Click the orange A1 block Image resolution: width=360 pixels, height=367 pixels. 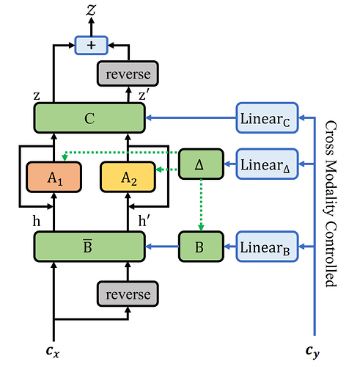[x=54, y=177]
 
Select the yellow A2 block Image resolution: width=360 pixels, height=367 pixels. [x=128, y=177]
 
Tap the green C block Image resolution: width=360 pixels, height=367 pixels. [x=89, y=118]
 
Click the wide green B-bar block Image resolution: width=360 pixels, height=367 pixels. [x=89, y=247]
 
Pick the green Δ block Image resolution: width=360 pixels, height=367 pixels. [x=201, y=164]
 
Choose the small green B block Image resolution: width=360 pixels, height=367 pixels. [x=201, y=247]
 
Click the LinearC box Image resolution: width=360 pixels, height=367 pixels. [x=267, y=118]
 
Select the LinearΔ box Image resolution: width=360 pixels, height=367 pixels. [x=267, y=164]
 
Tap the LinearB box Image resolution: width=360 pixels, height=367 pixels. [x=267, y=247]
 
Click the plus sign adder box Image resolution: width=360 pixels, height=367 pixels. [x=91, y=46]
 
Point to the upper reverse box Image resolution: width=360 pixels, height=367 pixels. [x=128, y=73]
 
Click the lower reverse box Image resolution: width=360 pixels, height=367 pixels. [x=128, y=294]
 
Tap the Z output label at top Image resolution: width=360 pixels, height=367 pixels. [x=91, y=10]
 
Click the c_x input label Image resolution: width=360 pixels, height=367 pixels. [x=53, y=352]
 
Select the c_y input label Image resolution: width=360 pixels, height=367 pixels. [x=312, y=352]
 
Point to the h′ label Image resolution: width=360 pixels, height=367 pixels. [x=144, y=221]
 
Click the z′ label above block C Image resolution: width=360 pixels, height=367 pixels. [x=144, y=95]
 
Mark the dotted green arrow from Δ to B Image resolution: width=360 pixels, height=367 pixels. [x=201, y=205]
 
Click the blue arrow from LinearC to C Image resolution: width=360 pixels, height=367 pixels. [x=191, y=118]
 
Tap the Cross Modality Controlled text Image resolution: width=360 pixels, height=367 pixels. [x=331, y=203]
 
